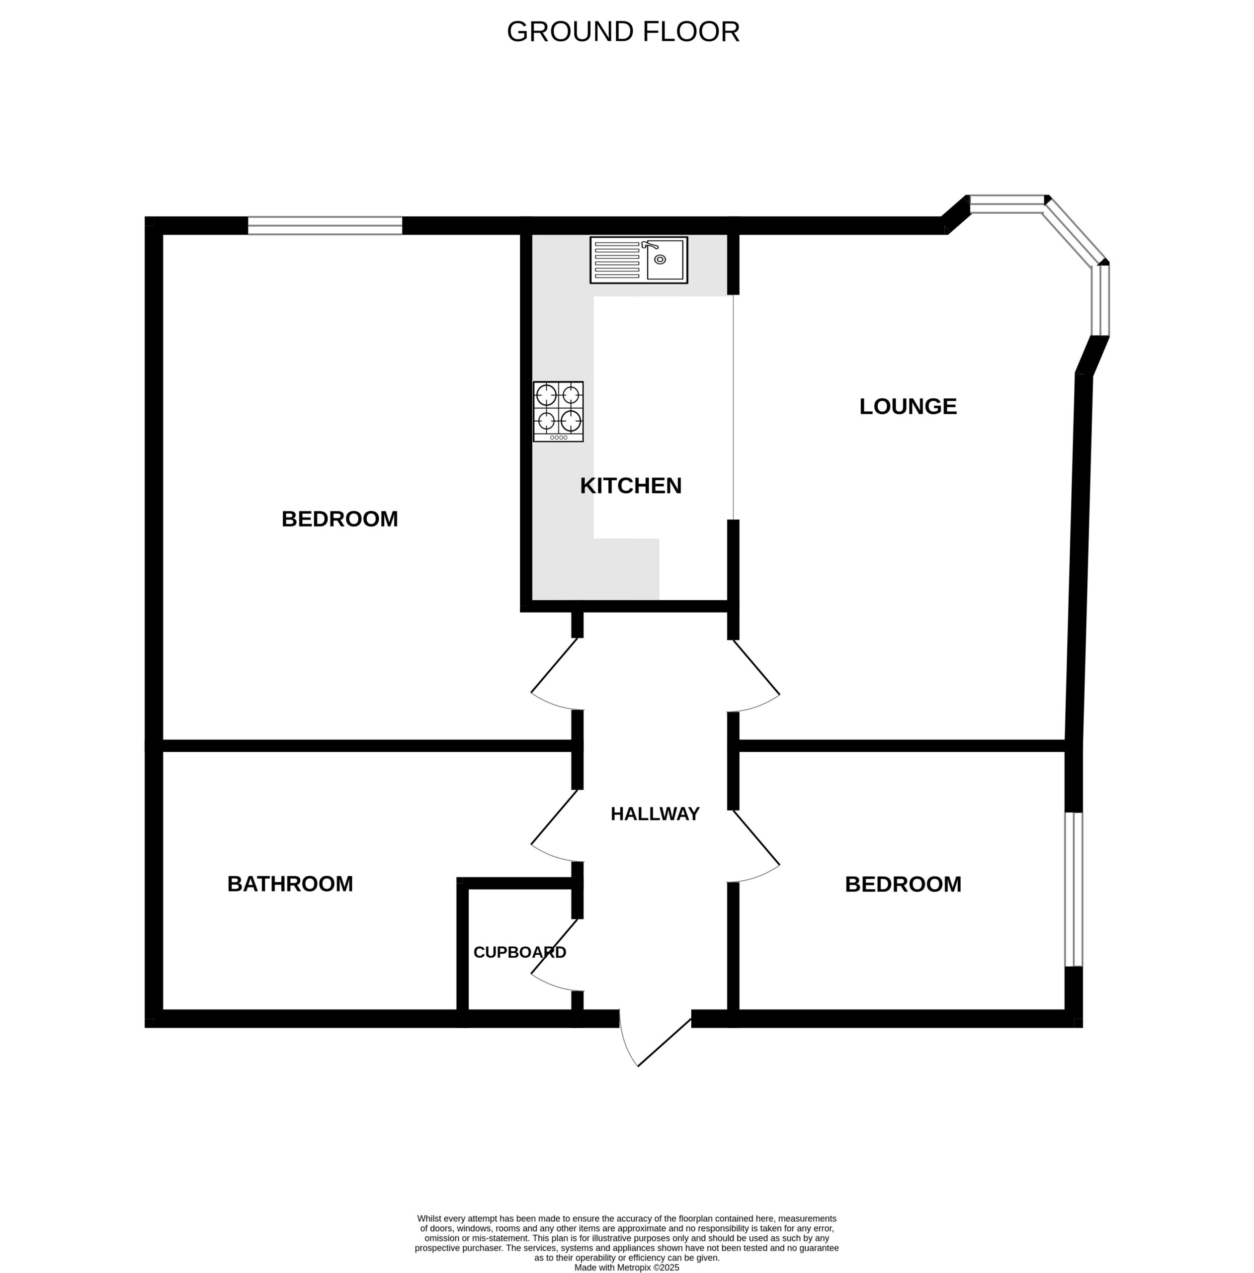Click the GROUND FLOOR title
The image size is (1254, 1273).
coord(623,32)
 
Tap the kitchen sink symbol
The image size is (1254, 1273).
coord(638,260)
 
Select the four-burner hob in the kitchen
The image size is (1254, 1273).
coord(558,411)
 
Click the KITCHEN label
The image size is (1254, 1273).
coord(630,486)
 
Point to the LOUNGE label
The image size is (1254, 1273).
coord(908,406)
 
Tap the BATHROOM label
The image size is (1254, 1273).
coord(290,884)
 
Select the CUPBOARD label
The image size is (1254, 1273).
coord(520,952)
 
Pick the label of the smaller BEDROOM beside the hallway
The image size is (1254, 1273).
coord(903,884)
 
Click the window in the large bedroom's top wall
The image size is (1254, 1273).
coord(325,225)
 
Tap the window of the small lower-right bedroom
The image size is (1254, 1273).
coord(1074,889)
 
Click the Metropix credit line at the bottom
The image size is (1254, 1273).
coord(626,1267)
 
